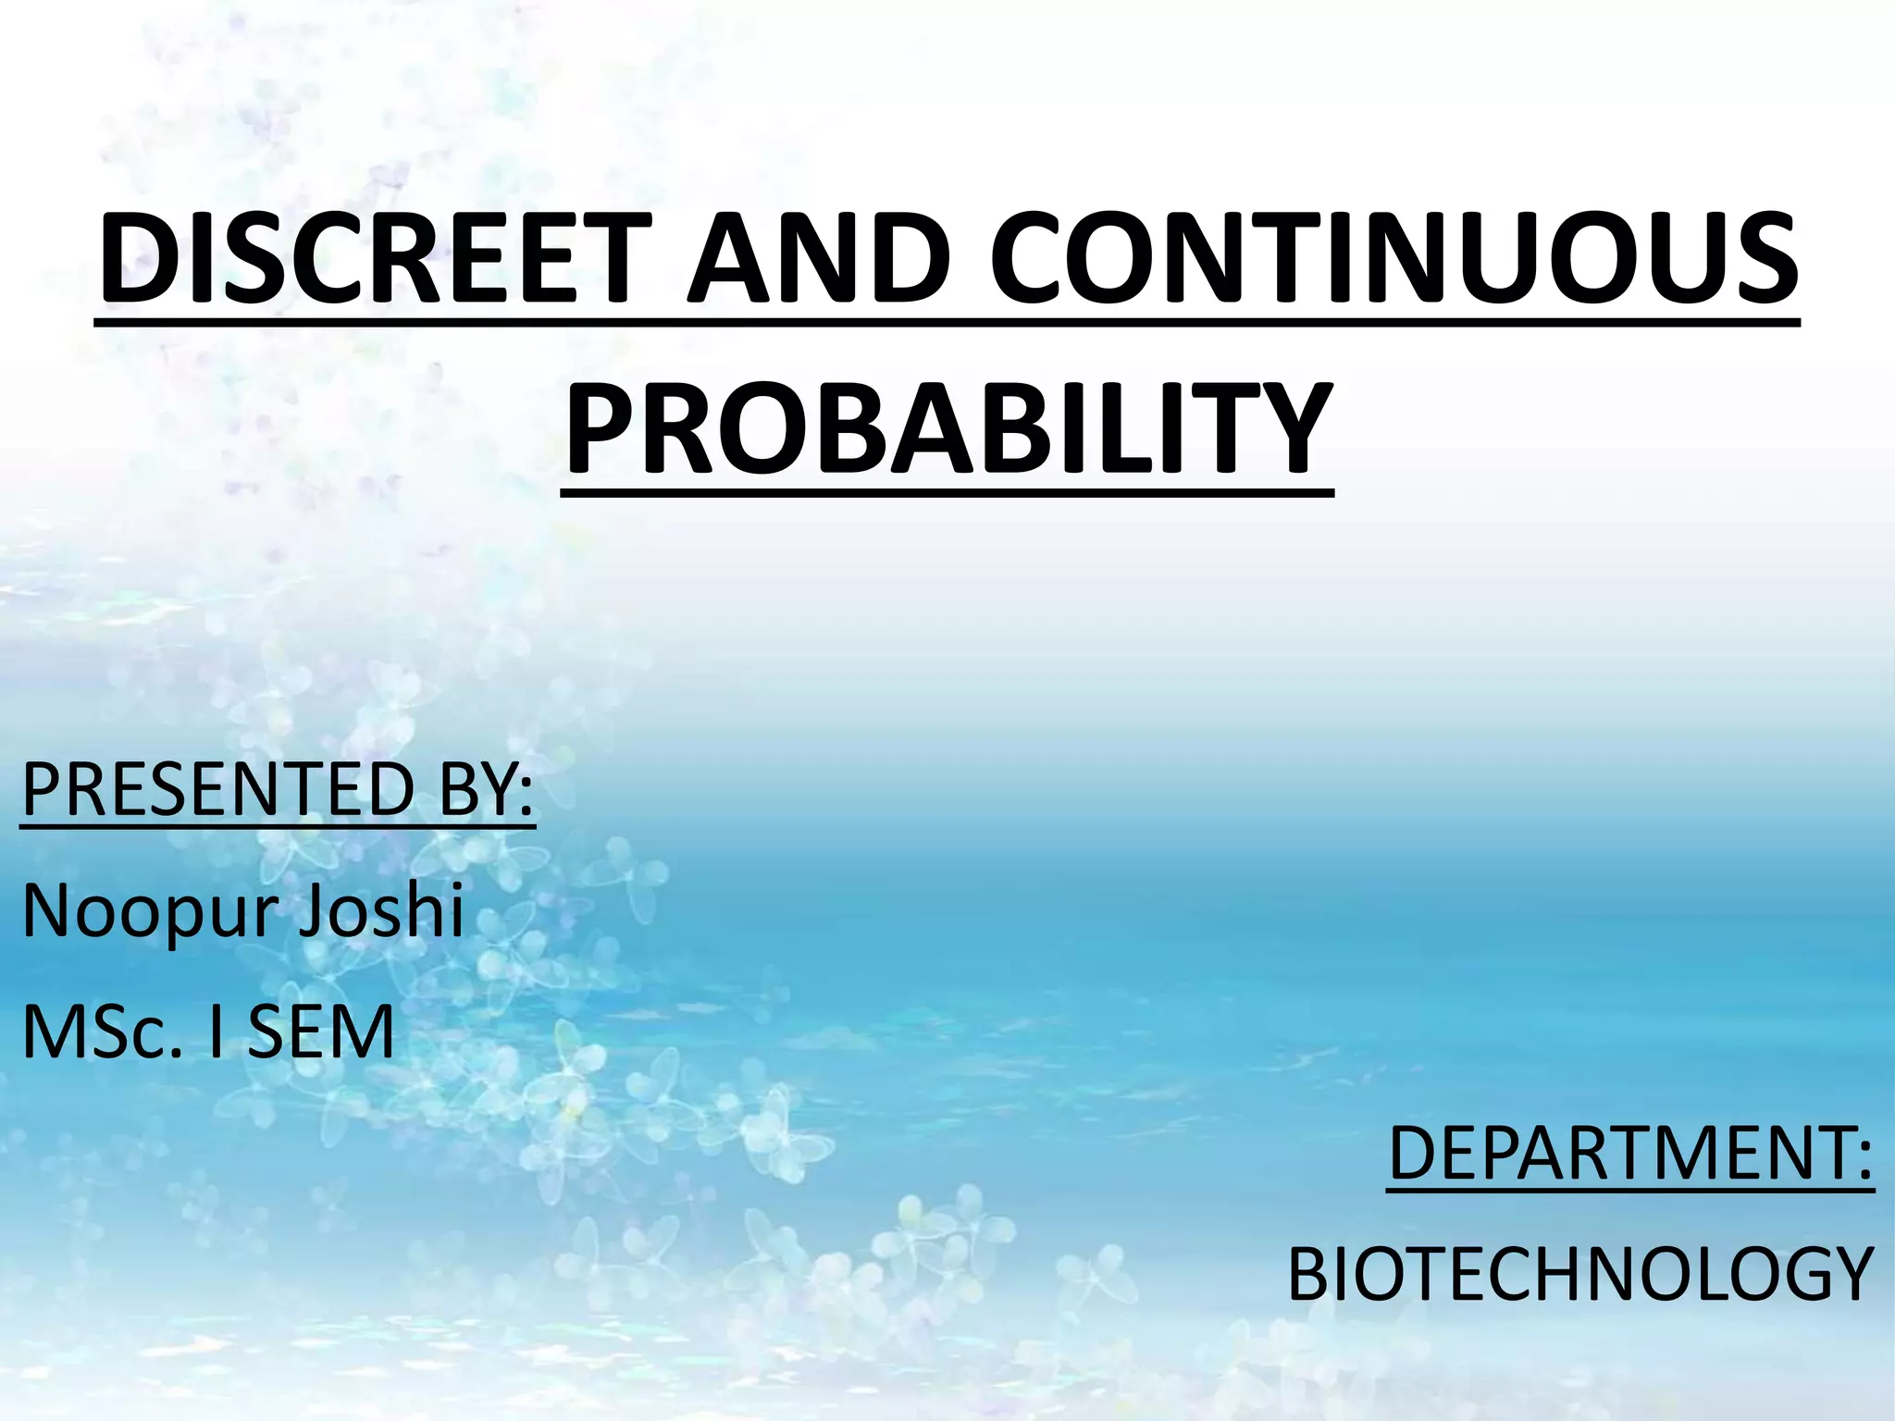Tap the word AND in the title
point(818,258)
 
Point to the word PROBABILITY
point(947,429)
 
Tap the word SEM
point(320,1032)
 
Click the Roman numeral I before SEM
point(216,1032)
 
